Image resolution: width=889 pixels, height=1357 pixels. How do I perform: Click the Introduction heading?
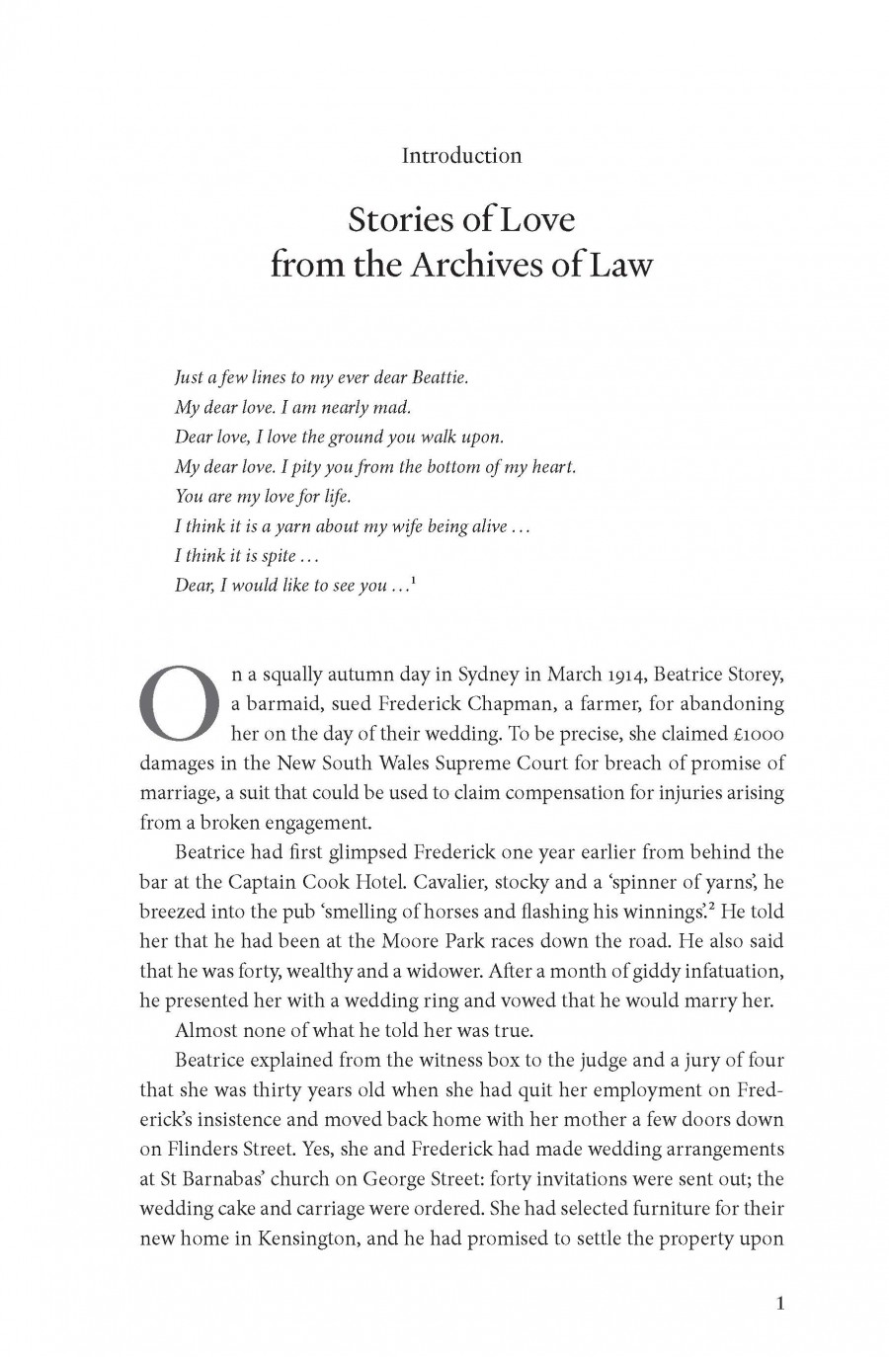(x=461, y=155)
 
